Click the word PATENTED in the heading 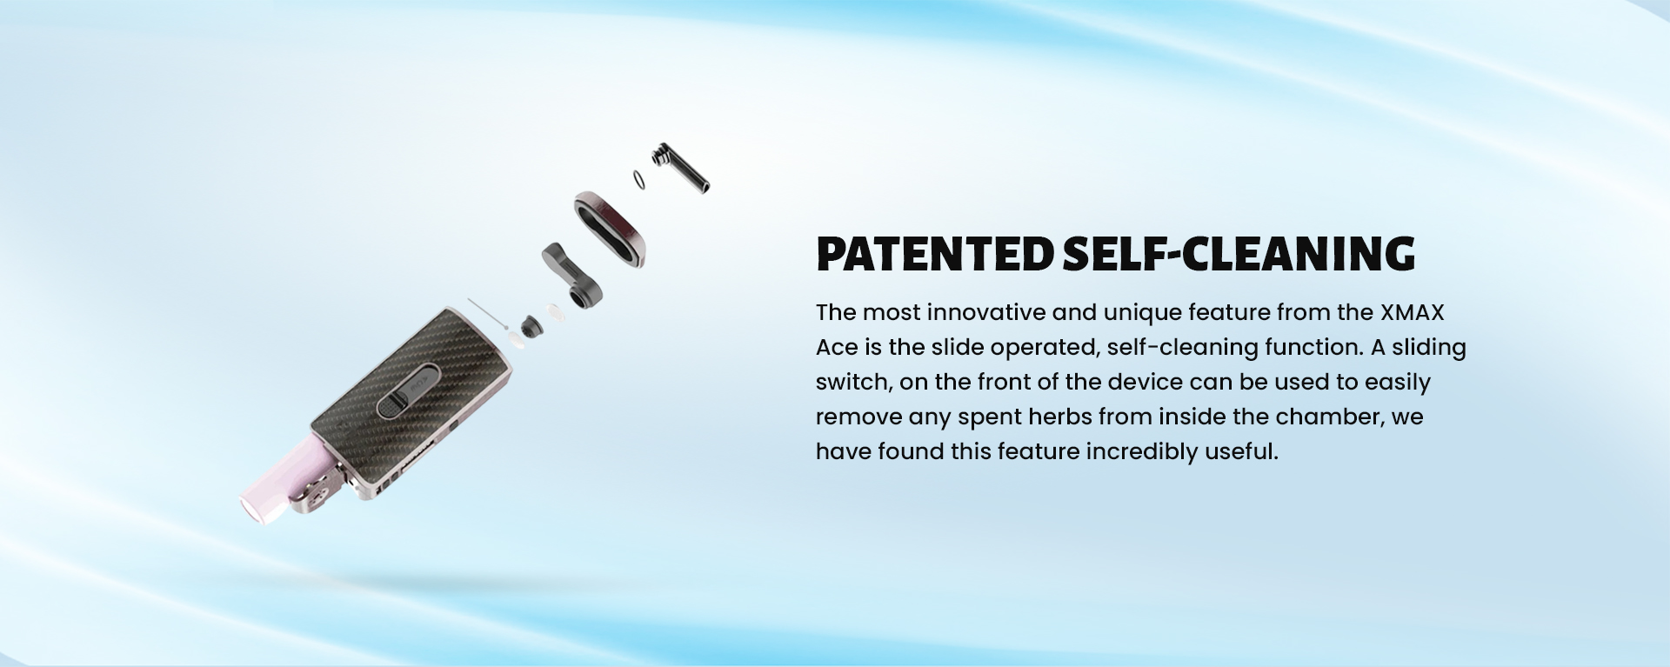tap(936, 253)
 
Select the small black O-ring tap(640, 179)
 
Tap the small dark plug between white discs tap(530, 326)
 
